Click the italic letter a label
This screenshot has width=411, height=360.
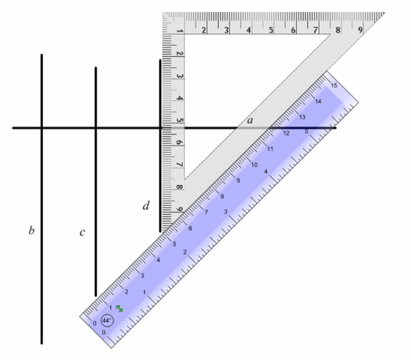click(x=250, y=119)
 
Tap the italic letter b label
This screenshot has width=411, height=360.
click(x=31, y=229)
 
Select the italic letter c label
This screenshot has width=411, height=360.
click(x=82, y=232)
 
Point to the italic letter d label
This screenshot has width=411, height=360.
click(x=147, y=205)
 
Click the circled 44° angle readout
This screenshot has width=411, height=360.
click(x=107, y=320)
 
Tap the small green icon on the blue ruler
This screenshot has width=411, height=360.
click(x=119, y=309)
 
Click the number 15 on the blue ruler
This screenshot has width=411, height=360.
click(x=334, y=85)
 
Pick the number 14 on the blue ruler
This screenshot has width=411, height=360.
click(x=318, y=101)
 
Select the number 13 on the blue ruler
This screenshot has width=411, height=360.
click(x=302, y=117)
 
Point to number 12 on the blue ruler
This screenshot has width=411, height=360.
click(x=286, y=133)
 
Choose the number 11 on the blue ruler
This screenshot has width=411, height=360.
click(x=270, y=149)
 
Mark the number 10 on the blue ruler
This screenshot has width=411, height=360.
click(x=254, y=165)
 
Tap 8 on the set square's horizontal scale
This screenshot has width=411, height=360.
click(x=338, y=30)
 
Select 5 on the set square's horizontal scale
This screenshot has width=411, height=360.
click(x=271, y=30)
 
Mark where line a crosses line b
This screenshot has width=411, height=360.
click(x=42, y=128)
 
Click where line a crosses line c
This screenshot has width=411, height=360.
click(x=95, y=128)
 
